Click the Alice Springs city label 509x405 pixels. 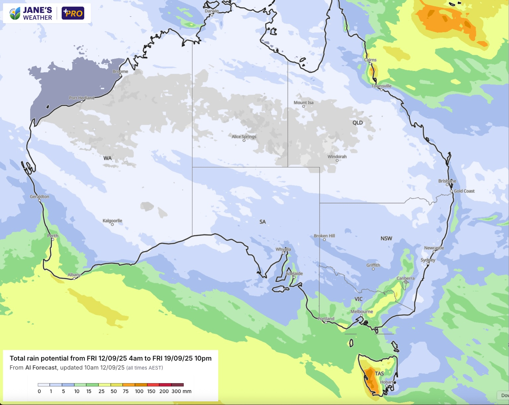tap(244, 136)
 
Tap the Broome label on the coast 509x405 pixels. tap(120, 71)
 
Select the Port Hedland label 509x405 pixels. tap(81, 98)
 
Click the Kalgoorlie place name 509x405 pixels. tap(112, 221)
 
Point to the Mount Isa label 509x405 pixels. tap(303, 102)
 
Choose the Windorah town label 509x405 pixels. tap(337, 157)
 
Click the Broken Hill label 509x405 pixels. tap(324, 236)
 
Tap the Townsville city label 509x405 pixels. tap(381, 86)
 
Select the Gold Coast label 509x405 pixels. tap(464, 191)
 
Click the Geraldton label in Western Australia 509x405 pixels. tap(39, 196)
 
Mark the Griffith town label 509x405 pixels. tap(373, 265)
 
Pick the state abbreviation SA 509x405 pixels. tap(263, 222)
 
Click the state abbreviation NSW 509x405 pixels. tap(386, 238)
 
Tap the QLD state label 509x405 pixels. tap(357, 123)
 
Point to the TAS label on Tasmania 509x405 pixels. tap(379, 374)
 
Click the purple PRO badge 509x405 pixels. tap(73, 13)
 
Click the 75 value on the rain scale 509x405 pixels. tap(126, 391)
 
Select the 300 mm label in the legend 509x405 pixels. tap(181, 391)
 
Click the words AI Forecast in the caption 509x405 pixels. tap(41, 368)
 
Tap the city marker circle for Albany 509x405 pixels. tap(74, 278)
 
